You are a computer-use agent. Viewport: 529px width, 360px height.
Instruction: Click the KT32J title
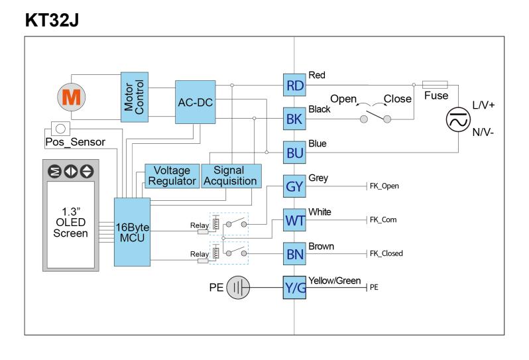[x=52, y=20]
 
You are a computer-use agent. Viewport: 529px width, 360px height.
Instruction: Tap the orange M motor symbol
[x=71, y=97]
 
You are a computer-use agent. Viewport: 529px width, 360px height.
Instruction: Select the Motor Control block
[x=135, y=97]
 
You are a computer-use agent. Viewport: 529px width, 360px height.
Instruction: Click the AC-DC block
[x=196, y=102]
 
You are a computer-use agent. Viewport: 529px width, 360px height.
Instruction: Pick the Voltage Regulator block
[x=172, y=176]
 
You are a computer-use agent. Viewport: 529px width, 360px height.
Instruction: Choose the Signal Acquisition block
[x=231, y=176]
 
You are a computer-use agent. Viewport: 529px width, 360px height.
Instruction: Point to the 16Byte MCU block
[x=133, y=232]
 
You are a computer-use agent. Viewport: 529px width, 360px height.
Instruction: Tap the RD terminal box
[x=294, y=85]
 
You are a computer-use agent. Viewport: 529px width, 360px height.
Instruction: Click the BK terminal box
[x=294, y=119]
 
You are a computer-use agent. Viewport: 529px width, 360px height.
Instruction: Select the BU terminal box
[x=294, y=152]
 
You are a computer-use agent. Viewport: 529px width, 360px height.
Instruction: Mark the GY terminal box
[x=294, y=186]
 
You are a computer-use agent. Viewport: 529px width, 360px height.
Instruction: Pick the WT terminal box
[x=294, y=220]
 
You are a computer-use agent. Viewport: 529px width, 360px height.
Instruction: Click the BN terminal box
[x=294, y=254]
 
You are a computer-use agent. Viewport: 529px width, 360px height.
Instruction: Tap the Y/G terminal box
[x=294, y=288]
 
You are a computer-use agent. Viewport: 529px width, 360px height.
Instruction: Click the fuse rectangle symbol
[x=436, y=85]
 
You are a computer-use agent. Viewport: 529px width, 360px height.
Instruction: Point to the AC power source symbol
[x=458, y=119]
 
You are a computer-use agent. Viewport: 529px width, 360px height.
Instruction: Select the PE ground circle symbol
[x=238, y=288]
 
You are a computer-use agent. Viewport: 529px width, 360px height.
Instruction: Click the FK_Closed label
[x=386, y=253]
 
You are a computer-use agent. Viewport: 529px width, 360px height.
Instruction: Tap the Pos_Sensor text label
[x=75, y=142]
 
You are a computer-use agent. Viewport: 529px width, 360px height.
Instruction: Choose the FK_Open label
[x=384, y=186]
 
